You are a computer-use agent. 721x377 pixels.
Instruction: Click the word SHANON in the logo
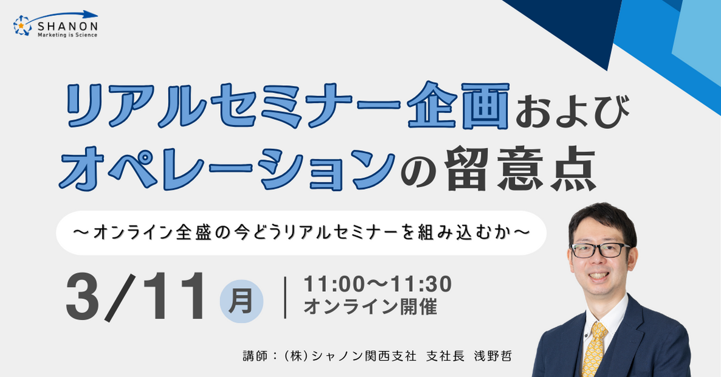coord(67,27)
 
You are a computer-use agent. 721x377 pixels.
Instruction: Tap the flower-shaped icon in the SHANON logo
coord(22,26)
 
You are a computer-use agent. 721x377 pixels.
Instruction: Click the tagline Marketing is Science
coord(67,35)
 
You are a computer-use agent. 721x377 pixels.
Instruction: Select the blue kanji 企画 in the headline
coord(459,105)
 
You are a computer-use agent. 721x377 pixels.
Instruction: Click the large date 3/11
coord(135,297)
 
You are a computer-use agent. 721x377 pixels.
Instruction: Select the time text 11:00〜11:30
coord(378,284)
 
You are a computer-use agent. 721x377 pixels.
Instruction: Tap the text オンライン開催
coord(370,306)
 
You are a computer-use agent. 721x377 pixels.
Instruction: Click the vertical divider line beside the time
coord(286,297)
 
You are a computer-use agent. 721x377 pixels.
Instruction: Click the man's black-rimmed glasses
coord(599,250)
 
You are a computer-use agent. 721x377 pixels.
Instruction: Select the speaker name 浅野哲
coord(493,356)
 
